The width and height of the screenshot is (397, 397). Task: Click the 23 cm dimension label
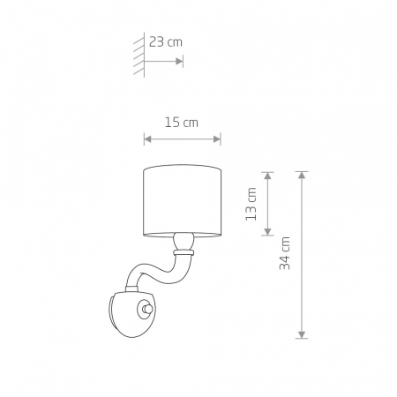point(166,41)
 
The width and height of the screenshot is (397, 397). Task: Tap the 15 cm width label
point(181,123)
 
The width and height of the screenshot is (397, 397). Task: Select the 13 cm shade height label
point(251,204)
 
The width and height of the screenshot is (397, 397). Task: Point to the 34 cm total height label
point(284,253)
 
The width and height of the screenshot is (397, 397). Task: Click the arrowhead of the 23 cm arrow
point(179,61)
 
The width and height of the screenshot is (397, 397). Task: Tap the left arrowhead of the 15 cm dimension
point(147,139)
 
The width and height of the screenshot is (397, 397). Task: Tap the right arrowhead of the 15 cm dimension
point(217,139)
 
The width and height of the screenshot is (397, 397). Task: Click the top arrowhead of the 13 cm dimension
point(267,176)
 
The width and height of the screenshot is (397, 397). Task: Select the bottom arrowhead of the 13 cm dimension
point(267,231)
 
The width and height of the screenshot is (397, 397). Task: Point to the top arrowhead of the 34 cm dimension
point(302,175)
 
